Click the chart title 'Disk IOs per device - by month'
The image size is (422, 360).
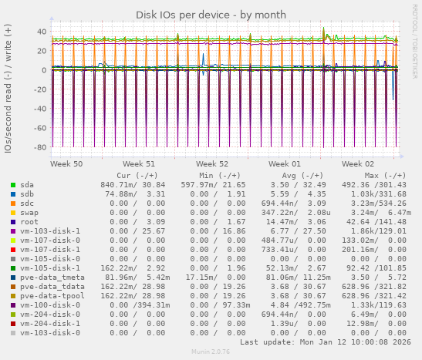[x=211, y=15]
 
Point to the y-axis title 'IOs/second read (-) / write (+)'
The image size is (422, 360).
[x=8, y=88]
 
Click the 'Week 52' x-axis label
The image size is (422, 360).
[x=212, y=164]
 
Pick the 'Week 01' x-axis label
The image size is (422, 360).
[x=285, y=164]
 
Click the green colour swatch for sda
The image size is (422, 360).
[x=13, y=185]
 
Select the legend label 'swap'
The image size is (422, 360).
[x=29, y=212]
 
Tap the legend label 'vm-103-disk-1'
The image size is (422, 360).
[x=50, y=230]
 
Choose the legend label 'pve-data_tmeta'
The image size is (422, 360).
[x=52, y=277]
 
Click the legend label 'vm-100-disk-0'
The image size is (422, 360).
[x=50, y=304]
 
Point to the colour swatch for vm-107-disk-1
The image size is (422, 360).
[x=13, y=249]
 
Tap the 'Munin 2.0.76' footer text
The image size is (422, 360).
[x=211, y=352]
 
